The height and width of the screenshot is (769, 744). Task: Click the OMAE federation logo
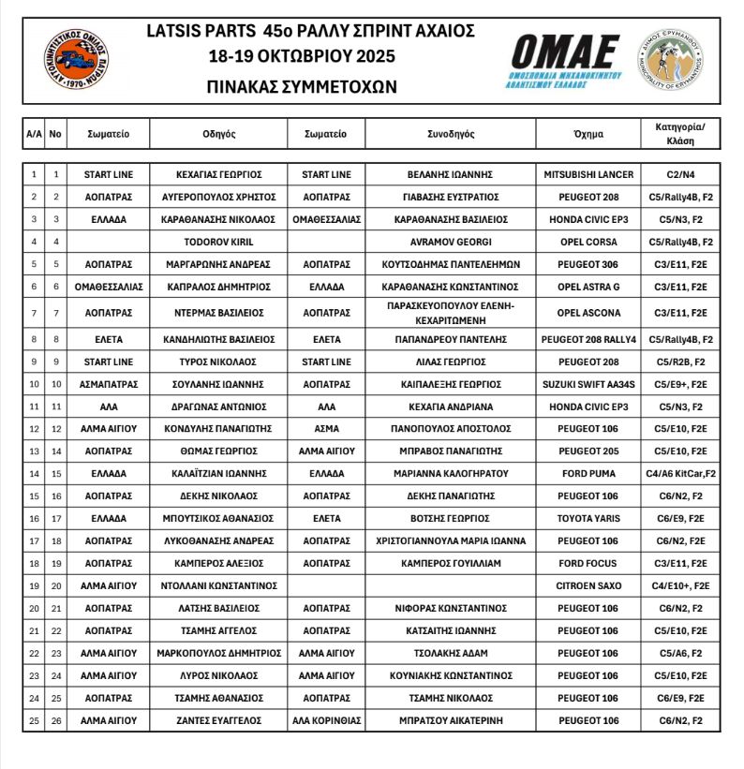coord(565,58)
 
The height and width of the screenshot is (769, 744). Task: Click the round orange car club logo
coord(76,59)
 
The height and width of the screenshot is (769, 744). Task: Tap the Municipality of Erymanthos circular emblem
coord(672,59)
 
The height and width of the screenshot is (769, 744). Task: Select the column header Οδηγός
coord(218,134)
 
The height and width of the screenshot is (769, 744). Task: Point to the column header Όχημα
coord(588,134)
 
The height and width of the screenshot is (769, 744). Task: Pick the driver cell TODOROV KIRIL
coord(218,242)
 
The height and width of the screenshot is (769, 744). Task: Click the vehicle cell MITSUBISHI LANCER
coord(588,174)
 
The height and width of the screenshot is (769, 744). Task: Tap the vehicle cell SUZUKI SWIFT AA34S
coord(588,384)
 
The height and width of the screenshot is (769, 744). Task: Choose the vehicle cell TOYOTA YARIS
coord(588,518)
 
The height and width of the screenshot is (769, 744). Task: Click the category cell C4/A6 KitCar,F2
coord(681,474)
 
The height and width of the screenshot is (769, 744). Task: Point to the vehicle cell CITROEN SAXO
coord(588,585)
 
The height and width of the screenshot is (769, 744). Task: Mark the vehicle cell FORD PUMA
coord(588,474)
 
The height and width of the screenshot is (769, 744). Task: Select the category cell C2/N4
coord(681,174)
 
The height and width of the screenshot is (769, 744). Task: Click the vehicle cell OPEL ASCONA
coord(588,312)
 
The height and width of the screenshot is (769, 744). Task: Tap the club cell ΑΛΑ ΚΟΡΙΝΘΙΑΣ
coord(327,720)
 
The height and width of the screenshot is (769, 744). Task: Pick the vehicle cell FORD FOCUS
coord(588,563)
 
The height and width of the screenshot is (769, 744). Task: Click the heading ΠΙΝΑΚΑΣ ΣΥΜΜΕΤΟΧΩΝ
coord(302,86)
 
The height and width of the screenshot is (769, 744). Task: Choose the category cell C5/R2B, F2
coord(681,362)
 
